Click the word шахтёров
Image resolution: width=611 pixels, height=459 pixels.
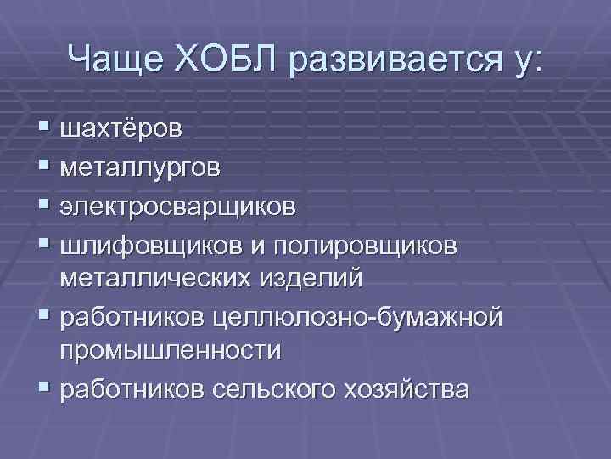[121, 128]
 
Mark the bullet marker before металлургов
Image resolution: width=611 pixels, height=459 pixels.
[43, 166]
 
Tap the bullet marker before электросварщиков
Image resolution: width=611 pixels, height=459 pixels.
[43, 205]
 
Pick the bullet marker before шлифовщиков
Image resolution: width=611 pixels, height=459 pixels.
[43, 244]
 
